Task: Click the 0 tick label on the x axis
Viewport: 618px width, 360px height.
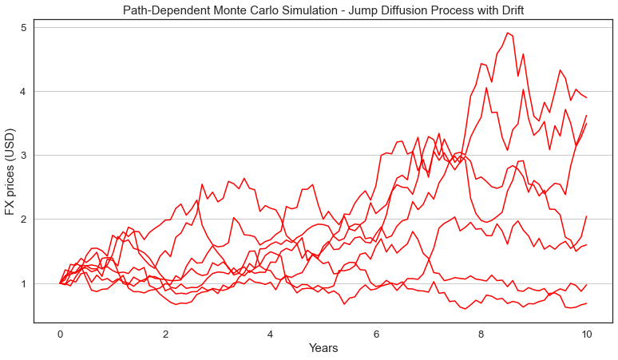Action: [60, 334]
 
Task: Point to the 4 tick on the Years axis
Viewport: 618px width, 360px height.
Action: [271, 334]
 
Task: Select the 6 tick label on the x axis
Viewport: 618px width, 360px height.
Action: [376, 334]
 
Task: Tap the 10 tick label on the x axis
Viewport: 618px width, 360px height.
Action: [587, 334]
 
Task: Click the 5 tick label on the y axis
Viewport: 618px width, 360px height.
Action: [24, 27]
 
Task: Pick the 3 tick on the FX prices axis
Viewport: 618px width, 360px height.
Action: [24, 155]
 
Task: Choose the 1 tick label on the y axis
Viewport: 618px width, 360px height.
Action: [24, 283]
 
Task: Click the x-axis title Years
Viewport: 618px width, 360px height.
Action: [323, 349]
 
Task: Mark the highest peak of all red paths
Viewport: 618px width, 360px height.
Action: [507, 33]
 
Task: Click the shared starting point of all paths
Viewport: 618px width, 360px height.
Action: [60, 283]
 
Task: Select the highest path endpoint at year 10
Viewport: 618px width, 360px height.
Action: [587, 97]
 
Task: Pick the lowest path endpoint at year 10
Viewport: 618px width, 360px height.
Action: [587, 303]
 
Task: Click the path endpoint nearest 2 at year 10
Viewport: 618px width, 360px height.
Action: [587, 216]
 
